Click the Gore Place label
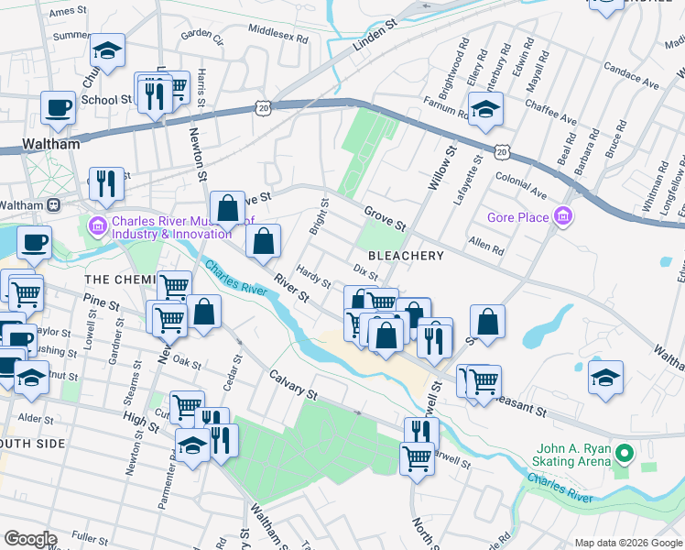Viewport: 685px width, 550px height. (x=517, y=217)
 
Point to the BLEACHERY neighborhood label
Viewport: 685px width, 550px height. (x=406, y=256)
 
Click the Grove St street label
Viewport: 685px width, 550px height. (x=384, y=218)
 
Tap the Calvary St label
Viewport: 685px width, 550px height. (x=293, y=385)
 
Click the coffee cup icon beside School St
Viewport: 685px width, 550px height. (x=58, y=106)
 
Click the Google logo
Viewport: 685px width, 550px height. (x=30, y=539)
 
